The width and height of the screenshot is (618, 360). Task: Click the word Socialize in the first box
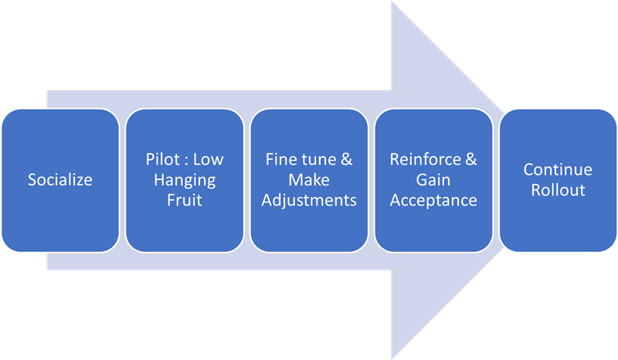click(60, 180)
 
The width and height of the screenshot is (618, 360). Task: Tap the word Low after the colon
click(208, 160)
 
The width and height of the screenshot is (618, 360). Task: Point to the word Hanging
click(185, 180)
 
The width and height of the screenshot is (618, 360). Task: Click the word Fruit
click(185, 200)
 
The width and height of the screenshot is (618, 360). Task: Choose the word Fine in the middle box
click(281, 160)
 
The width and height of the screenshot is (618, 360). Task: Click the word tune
click(320, 160)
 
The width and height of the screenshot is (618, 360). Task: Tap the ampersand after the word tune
click(346, 160)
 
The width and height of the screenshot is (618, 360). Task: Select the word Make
click(309, 180)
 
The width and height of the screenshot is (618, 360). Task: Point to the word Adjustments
click(309, 200)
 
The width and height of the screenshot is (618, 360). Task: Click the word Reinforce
click(424, 160)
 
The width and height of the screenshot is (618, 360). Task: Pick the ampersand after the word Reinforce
click(470, 160)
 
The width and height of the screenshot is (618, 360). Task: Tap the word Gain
click(433, 180)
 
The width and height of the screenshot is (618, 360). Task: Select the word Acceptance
click(433, 200)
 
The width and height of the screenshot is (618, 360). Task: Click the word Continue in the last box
click(558, 170)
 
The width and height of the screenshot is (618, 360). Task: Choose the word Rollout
click(558, 190)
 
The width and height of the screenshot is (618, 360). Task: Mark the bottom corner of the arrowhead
click(392, 358)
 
